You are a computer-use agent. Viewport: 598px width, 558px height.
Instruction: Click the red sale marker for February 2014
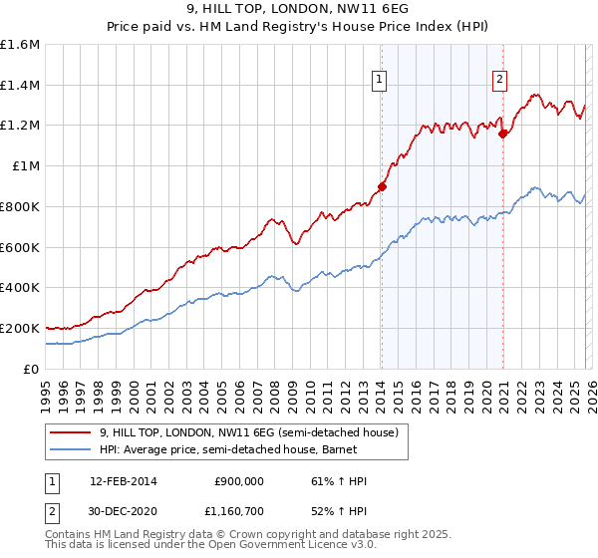(382, 185)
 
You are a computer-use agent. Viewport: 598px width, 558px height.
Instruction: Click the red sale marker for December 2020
(503, 133)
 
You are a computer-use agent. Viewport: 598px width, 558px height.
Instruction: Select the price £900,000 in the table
(239, 481)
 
